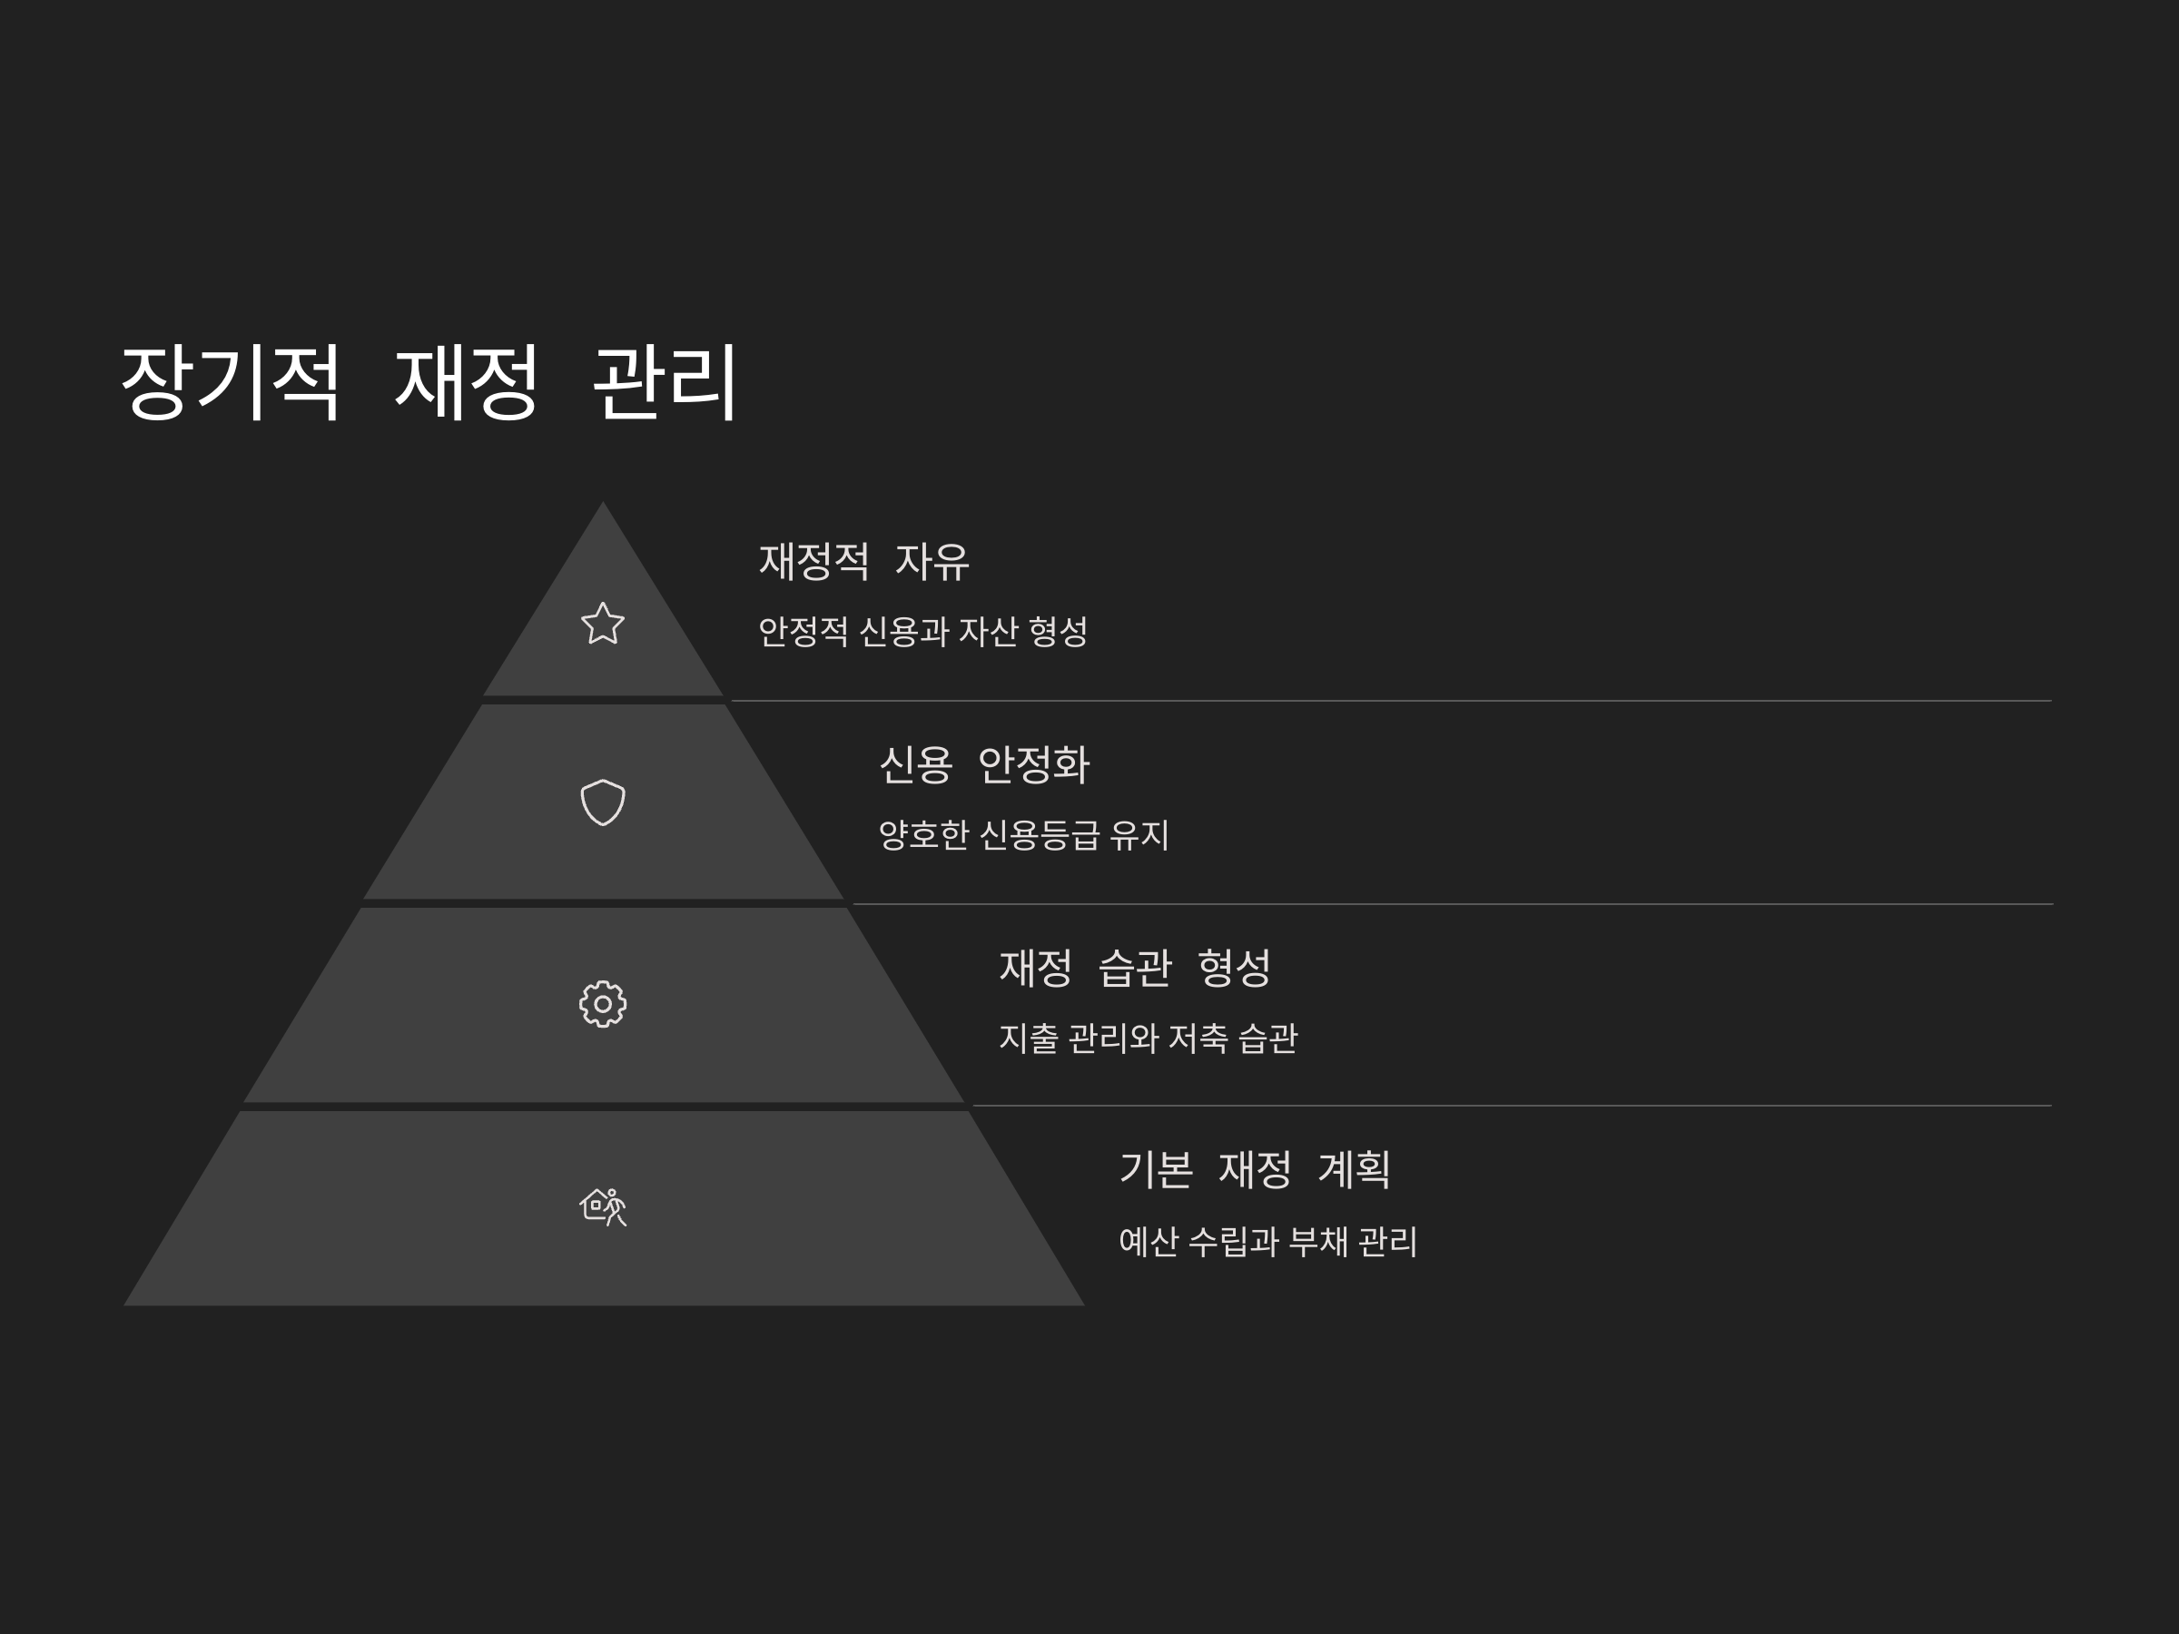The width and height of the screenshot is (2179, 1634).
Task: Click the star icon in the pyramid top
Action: (603, 624)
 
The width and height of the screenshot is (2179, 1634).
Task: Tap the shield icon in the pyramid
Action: (603, 802)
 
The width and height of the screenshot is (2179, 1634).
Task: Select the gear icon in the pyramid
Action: (603, 1005)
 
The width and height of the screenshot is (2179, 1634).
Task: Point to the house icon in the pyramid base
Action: (603, 1206)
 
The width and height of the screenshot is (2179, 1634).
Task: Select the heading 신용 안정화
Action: (984, 765)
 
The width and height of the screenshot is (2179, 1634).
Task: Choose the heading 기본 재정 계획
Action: (1254, 1170)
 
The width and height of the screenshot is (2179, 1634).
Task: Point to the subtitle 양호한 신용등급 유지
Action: (1023, 835)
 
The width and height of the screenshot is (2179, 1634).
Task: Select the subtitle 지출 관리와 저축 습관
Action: (1149, 1038)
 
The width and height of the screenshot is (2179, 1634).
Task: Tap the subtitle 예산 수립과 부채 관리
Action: (1267, 1242)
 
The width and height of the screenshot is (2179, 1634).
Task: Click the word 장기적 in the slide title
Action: (231, 382)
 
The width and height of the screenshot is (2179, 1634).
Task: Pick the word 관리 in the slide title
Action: (665, 382)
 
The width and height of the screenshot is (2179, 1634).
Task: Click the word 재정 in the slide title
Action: (467, 382)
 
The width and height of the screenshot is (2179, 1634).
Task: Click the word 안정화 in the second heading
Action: (1033, 765)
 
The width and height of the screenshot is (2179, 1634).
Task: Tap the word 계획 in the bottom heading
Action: (1354, 1170)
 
